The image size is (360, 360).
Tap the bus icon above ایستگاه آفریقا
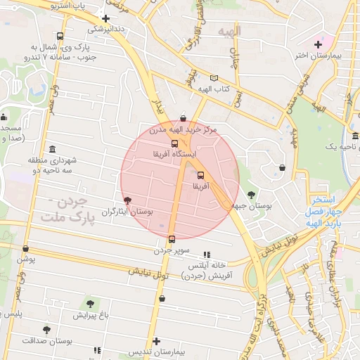[x=175, y=143]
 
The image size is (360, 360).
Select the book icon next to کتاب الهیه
[x=214, y=78]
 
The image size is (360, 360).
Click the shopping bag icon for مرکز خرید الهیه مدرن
[x=184, y=119]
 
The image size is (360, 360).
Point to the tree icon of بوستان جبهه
[x=251, y=195]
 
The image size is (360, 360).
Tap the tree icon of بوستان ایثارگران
[x=127, y=202]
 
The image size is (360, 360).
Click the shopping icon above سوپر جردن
[x=172, y=239]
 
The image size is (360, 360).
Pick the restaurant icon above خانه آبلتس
[x=206, y=255]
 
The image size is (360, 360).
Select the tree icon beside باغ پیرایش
[x=90, y=304]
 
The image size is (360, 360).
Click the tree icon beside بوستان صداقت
[x=46, y=329]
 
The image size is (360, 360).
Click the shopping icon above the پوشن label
[x=26, y=248]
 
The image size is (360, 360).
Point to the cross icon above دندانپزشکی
[x=105, y=19]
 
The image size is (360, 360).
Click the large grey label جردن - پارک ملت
[x=63, y=211]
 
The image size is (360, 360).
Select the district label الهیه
[x=229, y=32]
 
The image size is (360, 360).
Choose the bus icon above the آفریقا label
[x=201, y=175]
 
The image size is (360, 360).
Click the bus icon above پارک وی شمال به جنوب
[x=60, y=36]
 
